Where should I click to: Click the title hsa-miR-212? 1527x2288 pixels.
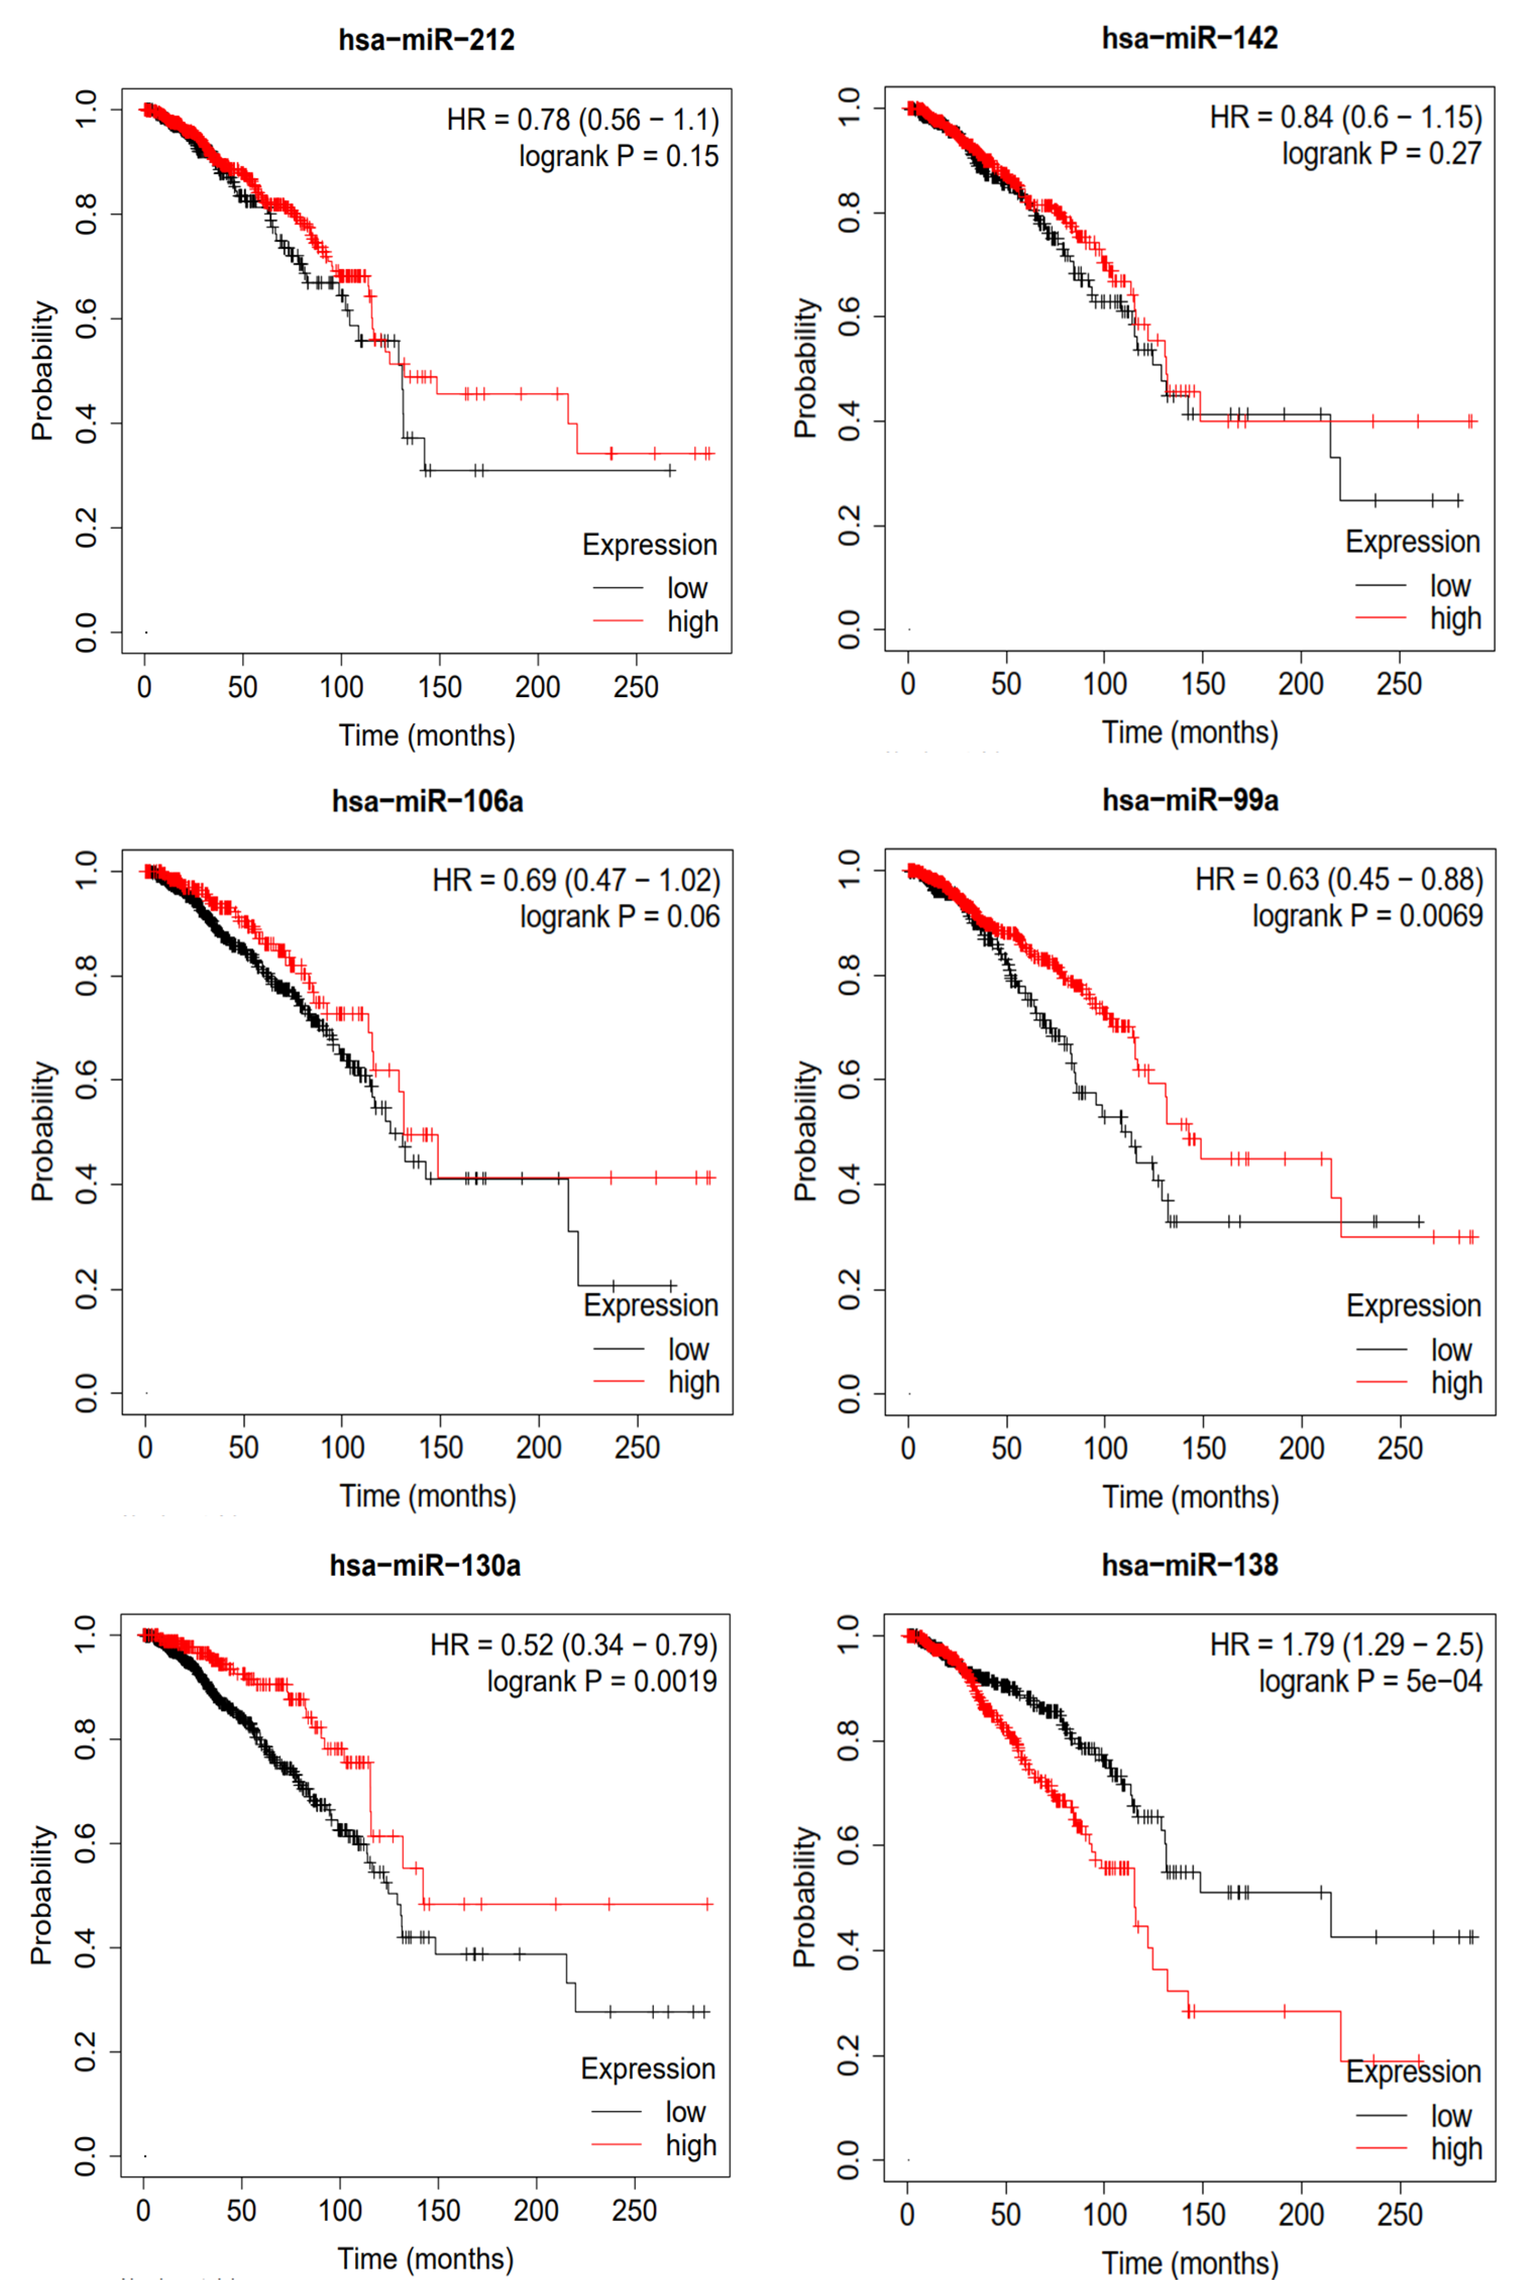click(427, 40)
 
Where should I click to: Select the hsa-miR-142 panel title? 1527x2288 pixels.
click(1189, 38)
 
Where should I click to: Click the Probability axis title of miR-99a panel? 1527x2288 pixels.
click(804, 1130)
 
